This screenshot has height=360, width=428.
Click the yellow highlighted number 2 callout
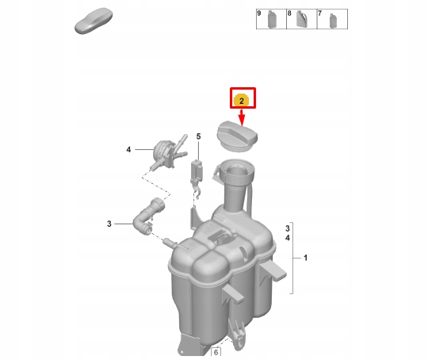tap(241, 100)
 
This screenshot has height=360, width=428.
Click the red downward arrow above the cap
tap(242, 117)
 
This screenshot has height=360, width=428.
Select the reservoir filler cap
tap(237, 136)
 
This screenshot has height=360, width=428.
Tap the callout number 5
tap(198, 136)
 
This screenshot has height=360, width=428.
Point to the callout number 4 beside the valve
tap(128, 149)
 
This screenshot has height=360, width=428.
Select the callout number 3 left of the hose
tap(109, 224)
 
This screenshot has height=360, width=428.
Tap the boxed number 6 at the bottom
tap(216, 352)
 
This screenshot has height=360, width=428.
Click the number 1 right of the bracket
tap(305, 258)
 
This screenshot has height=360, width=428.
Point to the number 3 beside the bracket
tap(288, 228)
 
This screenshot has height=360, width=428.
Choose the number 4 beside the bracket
tap(288, 238)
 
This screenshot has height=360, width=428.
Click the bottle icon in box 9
tap(272, 19)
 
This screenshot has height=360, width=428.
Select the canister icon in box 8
tap(301, 19)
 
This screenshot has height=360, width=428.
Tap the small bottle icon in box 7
tap(333, 21)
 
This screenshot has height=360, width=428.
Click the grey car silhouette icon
tap(94, 21)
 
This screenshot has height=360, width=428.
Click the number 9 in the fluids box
tap(259, 13)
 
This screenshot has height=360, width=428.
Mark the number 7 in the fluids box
tap(319, 13)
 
